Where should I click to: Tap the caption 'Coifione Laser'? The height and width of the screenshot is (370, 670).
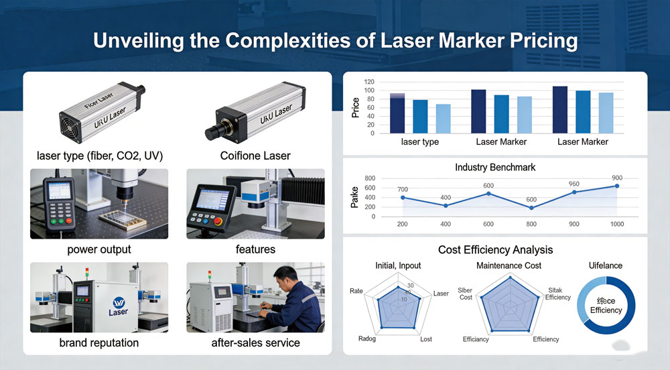click(255, 156)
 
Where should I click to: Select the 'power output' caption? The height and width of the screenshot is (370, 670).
click(99, 249)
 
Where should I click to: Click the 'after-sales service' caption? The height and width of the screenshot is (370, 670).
click(255, 343)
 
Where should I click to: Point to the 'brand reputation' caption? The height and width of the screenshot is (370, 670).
click(99, 343)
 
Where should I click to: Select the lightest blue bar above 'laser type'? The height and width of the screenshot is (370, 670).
click(443, 119)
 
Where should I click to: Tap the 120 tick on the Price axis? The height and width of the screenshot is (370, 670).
click(369, 82)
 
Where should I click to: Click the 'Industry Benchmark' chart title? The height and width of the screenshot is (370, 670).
click(495, 167)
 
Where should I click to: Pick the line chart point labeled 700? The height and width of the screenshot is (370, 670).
click(403, 197)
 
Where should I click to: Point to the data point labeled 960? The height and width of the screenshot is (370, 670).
click(574, 192)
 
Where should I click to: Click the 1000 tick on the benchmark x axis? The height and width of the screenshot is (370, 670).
click(617, 224)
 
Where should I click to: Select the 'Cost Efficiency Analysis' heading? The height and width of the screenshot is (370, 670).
click(495, 249)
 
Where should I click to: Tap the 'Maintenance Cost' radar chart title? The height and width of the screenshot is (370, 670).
click(509, 265)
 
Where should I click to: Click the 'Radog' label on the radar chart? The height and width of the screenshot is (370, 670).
click(367, 338)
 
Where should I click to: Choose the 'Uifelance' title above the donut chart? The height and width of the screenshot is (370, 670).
click(604, 265)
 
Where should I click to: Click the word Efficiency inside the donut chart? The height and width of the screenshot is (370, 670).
click(606, 310)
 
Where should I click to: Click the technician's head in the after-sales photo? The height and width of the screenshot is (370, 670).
click(284, 275)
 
